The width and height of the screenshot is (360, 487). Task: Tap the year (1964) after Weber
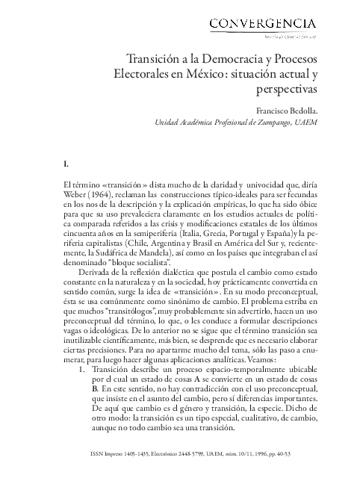click(x=108, y=194)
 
